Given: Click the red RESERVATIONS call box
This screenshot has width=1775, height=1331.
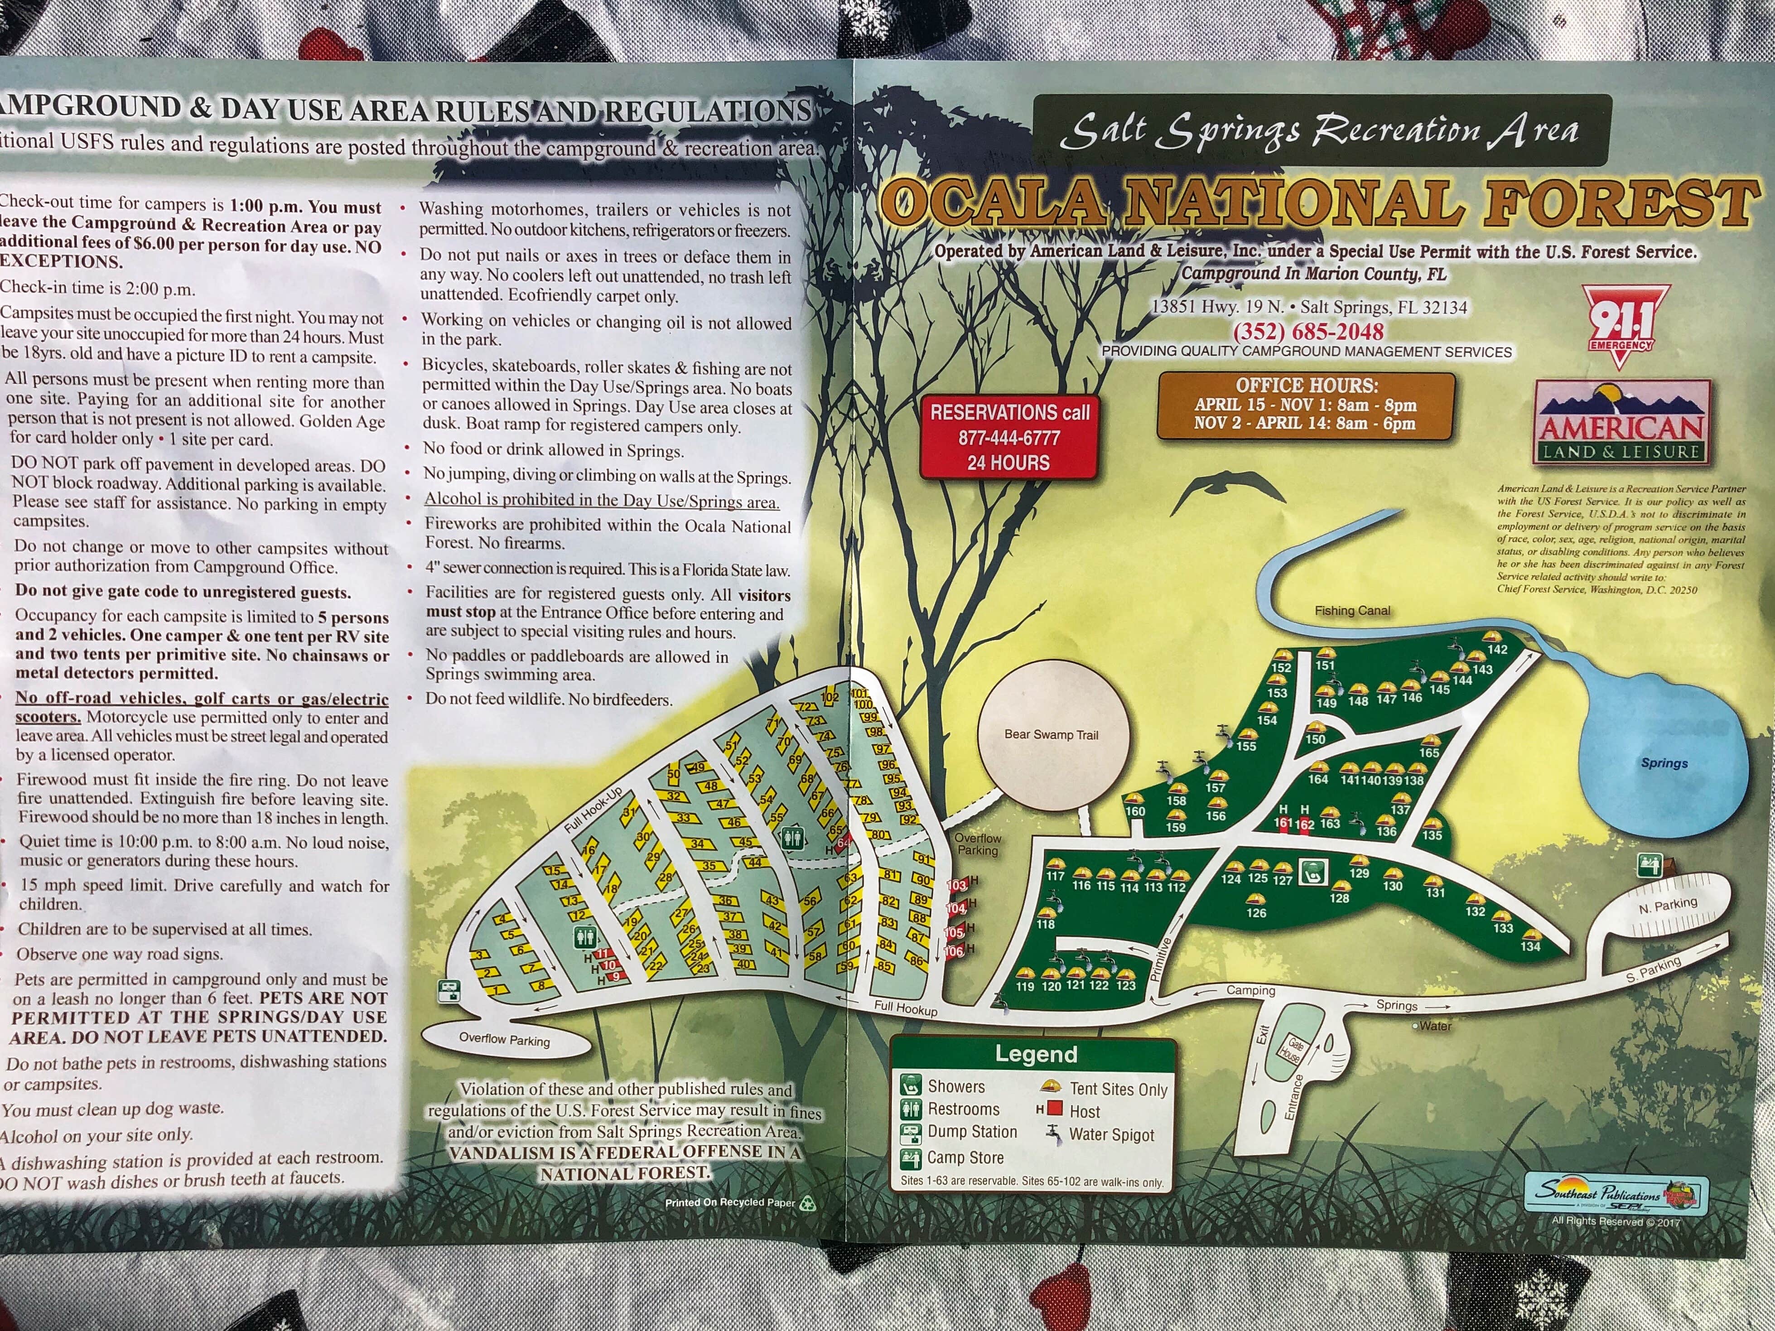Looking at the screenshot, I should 1008,437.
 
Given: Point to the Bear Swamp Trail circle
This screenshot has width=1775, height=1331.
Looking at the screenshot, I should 1051,734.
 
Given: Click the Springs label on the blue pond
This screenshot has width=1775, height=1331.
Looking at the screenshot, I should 1664,763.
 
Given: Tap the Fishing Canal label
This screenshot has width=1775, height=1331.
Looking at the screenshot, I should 1352,611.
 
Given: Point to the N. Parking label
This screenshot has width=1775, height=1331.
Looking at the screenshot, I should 1668,906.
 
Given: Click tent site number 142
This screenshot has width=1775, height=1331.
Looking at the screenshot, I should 1497,649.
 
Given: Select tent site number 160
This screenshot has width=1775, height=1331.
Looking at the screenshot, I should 1135,811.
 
